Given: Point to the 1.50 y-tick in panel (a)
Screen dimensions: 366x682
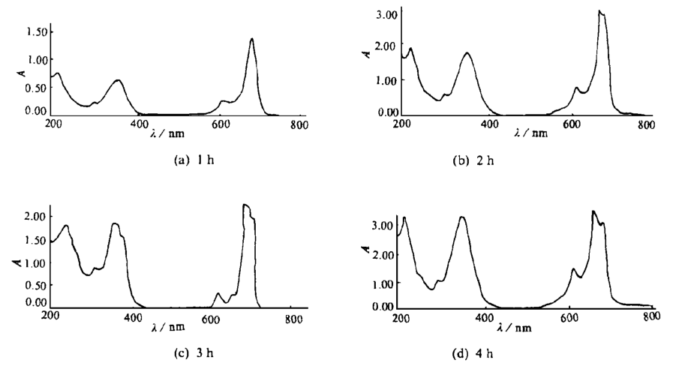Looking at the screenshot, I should click(x=37, y=31).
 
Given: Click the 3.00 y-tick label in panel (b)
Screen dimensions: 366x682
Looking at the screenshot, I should click(x=386, y=14).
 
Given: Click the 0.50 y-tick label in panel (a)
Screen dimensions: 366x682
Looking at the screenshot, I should click(x=37, y=85).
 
